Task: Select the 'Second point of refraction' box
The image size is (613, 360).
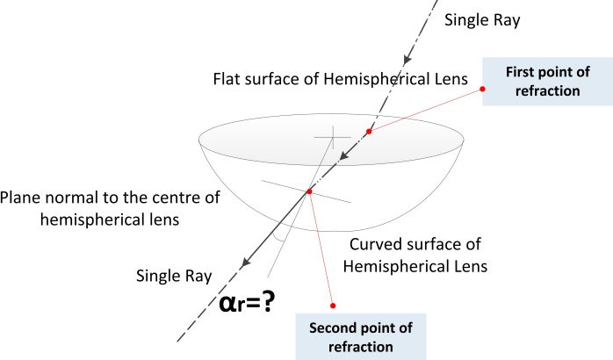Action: coord(371,337)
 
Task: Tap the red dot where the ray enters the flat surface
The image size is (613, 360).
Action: coord(369,133)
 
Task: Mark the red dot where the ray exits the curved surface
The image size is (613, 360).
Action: coord(309,191)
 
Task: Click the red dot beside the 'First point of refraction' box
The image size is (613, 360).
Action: coord(484,87)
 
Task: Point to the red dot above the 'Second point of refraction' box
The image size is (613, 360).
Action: coord(333,306)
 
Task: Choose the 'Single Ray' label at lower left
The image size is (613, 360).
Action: coord(174,277)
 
